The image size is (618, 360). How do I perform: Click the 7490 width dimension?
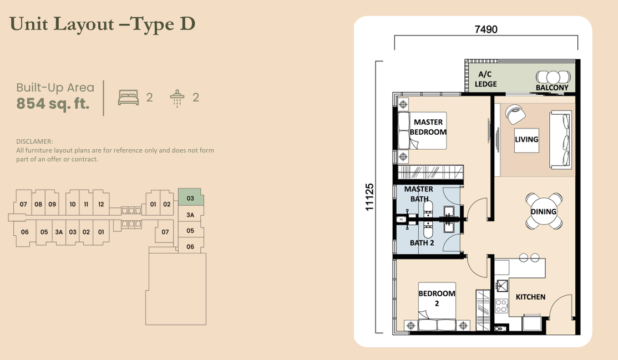tap(486, 30)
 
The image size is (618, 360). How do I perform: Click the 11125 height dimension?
tap(370, 197)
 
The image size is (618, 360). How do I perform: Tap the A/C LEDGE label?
tap(485, 79)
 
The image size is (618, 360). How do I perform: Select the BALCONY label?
tap(552, 88)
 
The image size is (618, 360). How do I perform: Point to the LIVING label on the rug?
tap(526, 139)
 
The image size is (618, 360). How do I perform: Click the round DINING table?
tap(544, 211)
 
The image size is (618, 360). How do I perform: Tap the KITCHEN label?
tap(530, 297)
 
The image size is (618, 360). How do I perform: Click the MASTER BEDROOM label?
tap(428, 127)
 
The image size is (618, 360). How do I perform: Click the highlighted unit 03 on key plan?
tap(190, 198)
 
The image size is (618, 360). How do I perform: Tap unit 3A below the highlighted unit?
tap(190, 215)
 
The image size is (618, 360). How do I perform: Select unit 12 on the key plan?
tap(100, 204)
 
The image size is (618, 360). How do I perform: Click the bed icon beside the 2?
tap(128, 98)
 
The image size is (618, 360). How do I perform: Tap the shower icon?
tap(177, 98)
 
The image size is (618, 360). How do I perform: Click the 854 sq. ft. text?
tap(53, 104)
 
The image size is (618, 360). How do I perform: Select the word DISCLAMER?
tap(34, 142)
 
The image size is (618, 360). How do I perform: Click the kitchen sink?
tap(502, 285)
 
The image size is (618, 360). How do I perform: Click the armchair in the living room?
tap(515, 114)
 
